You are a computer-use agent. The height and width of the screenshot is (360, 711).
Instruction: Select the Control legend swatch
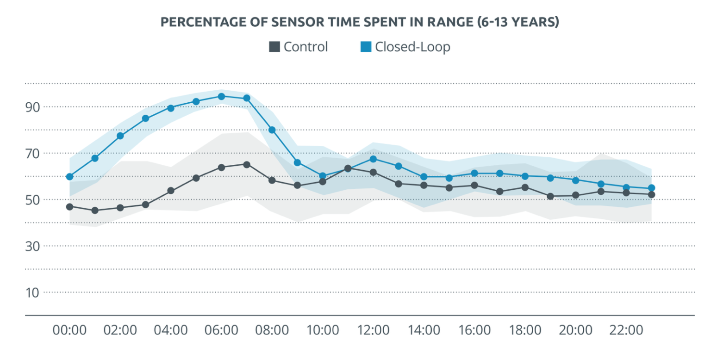[x=274, y=47]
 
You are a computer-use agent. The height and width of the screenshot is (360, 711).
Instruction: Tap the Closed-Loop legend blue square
[x=366, y=47]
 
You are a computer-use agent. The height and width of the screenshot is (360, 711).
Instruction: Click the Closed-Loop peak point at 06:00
[x=221, y=96]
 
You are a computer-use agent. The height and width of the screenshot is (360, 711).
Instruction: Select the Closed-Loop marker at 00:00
[x=69, y=176]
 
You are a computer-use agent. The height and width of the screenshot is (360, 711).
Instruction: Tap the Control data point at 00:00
[x=69, y=206]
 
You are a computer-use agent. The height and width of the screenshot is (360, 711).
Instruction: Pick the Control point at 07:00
[x=247, y=164]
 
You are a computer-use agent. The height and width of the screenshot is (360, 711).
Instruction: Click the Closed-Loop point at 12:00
[x=373, y=159]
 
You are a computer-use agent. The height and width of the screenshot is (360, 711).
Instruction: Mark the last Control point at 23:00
[x=651, y=194]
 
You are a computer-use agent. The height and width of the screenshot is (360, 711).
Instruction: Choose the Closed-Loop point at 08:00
[x=272, y=130]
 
